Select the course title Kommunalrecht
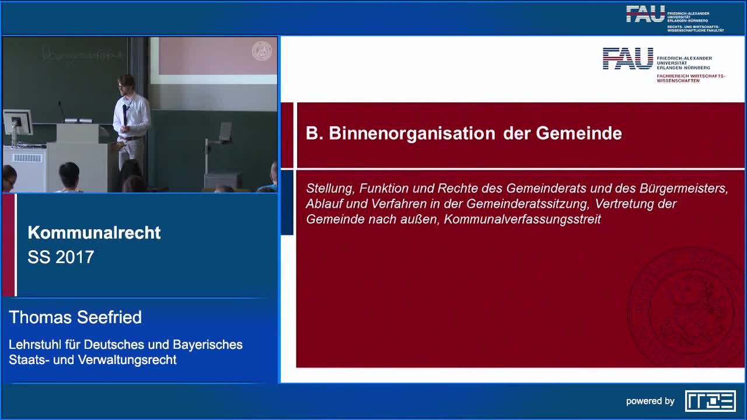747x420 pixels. pos(94,233)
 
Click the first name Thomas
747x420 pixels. pos(39,317)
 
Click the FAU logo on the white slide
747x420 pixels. pos(628,59)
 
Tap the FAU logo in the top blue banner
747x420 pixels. pos(645,14)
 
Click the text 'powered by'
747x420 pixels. pos(650,401)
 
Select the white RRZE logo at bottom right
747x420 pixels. pos(710,401)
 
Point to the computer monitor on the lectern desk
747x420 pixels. pos(17,123)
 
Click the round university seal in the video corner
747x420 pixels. pos(261,51)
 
